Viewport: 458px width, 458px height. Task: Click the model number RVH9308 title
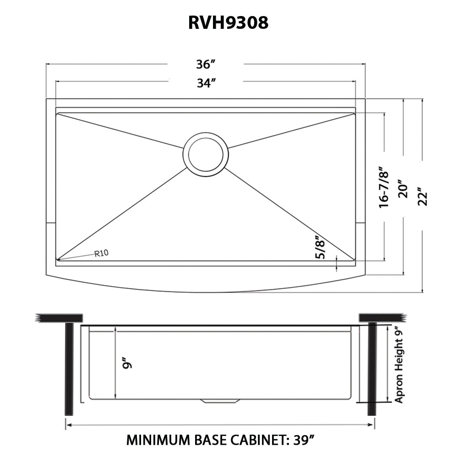tap(228, 23)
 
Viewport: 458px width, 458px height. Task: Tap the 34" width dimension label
tap(206, 83)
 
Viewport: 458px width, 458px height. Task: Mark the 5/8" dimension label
tap(322, 247)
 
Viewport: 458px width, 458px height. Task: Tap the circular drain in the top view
tap(206, 153)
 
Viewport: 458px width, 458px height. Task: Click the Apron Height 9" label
tap(399, 364)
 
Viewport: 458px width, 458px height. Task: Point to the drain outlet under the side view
tap(220, 402)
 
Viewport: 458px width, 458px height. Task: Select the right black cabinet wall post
tap(372, 368)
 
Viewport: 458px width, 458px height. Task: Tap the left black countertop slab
tap(60, 317)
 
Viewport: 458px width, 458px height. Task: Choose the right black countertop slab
tap(380, 317)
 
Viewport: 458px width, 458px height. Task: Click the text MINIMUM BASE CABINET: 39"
tap(220, 441)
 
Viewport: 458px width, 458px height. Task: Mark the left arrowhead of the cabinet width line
tap(68, 425)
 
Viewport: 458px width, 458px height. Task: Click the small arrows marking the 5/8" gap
tap(337, 263)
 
